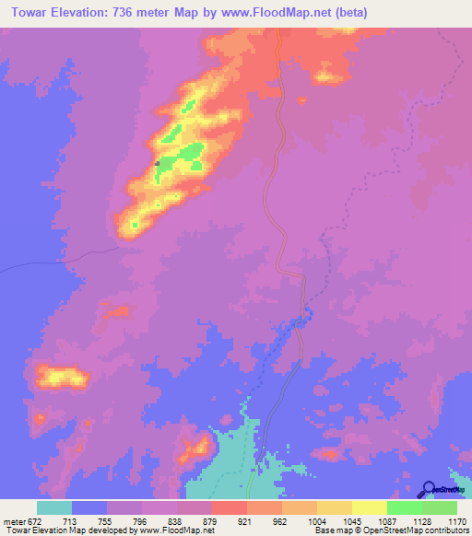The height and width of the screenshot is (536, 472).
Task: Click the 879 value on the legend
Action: [x=211, y=520]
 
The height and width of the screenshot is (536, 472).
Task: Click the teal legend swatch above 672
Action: [x=53, y=507]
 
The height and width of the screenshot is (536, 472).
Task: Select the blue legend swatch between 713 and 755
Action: [x=88, y=507]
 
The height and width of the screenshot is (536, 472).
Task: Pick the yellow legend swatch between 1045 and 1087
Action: [x=369, y=507]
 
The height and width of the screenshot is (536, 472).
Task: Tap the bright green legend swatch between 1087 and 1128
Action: [x=404, y=507]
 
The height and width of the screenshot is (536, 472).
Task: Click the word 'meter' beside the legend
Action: [x=12, y=520]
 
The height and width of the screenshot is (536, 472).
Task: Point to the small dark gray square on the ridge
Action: [x=158, y=164]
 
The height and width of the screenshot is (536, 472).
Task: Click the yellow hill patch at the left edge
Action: [x=61, y=376]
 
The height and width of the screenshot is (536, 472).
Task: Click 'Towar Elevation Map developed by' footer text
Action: [x=66, y=530]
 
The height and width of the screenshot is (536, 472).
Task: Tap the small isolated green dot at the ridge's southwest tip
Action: [x=135, y=224]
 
